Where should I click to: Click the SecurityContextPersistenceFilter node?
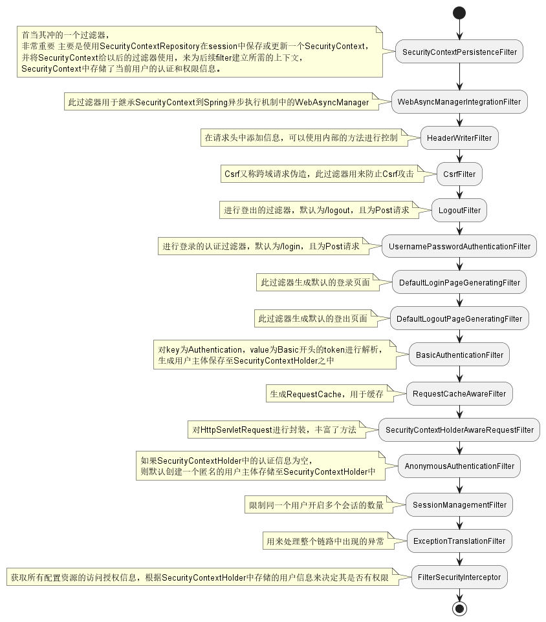pyautogui.click(x=459, y=52)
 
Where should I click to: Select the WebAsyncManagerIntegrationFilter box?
pyautogui.click(x=459, y=102)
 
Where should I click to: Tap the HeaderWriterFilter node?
pyautogui.click(x=459, y=138)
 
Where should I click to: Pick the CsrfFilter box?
pyautogui.click(x=459, y=174)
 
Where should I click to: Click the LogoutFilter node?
pyautogui.click(x=459, y=211)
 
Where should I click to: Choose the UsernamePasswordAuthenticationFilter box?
pyautogui.click(x=459, y=247)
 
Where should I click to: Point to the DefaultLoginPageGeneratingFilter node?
pyautogui.click(x=459, y=283)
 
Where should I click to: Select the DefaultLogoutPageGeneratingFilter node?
pyautogui.click(x=459, y=319)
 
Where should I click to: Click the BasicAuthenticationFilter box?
pyautogui.click(x=459, y=355)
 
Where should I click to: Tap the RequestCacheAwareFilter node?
pyautogui.click(x=459, y=394)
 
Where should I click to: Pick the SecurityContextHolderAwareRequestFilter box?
pyautogui.click(x=459, y=430)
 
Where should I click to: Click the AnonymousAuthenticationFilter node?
pyautogui.click(x=459, y=466)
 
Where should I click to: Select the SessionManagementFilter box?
pyautogui.click(x=459, y=505)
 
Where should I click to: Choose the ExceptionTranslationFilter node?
pyautogui.click(x=459, y=541)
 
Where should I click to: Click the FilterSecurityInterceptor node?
pyautogui.click(x=459, y=577)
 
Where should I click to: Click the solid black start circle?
pyautogui.click(x=459, y=12)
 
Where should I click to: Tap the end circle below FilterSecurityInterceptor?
pyautogui.click(x=459, y=608)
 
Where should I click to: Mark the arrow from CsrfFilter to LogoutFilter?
pyautogui.click(x=459, y=192)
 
